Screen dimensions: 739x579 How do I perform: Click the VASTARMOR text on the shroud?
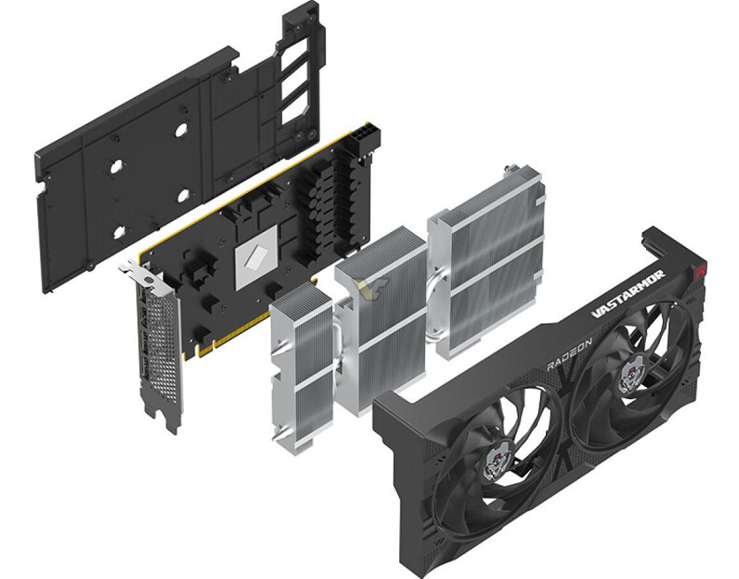(627, 294)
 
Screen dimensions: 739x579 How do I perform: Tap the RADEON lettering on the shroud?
(569, 355)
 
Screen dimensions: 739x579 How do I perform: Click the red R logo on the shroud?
(702, 270)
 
